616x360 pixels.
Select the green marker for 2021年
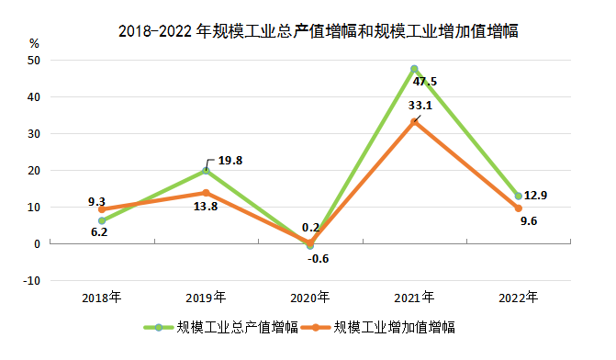click(x=414, y=69)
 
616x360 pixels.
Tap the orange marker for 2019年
click(x=206, y=193)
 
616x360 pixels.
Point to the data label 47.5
click(x=425, y=82)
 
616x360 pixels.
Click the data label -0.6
click(x=317, y=258)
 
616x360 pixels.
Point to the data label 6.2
click(x=100, y=232)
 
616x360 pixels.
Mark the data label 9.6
click(x=529, y=220)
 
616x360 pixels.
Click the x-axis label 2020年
click(x=310, y=298)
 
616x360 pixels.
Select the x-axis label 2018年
click(x=101, y=298)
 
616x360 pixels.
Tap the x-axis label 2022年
click(x=518, y=298)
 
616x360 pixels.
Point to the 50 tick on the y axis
click(x=35, y=60)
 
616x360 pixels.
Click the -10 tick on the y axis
click(x=32, y=280)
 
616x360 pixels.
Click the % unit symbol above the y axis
click(x=35, y=42)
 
